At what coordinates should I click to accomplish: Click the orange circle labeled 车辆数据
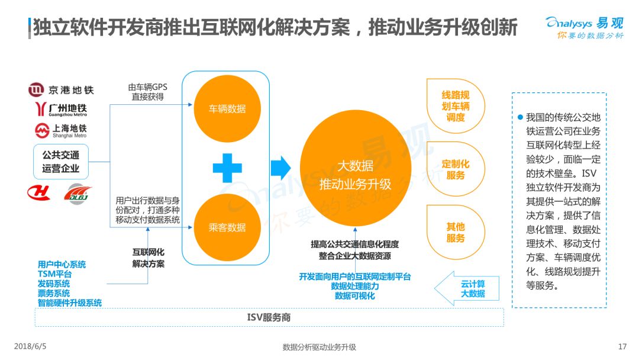click(227, 108)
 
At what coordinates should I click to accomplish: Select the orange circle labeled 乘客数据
click(227, 227)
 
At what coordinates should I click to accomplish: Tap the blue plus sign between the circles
click(227, 168)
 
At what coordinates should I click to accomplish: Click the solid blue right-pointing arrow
click(280, 168)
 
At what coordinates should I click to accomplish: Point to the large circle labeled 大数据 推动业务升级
click(355, 168)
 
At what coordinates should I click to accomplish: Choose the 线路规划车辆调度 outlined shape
click(456, 106)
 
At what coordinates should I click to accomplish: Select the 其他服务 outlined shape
click(456, 232)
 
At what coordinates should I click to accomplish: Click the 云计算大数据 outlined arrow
click(467, 288)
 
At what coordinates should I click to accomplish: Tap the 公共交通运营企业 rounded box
click(61, 162)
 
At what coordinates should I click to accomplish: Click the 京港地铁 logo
click(61, 89)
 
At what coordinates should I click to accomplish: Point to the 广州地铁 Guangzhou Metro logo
click(61, 110)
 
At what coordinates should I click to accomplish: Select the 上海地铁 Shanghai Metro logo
click(61, 130)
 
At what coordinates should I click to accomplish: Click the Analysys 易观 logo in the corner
click(585, 27)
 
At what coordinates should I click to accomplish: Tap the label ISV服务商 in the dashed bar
click(269, 317)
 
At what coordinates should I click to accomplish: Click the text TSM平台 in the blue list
click(54, 274)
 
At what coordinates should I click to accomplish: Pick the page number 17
click(622, 346)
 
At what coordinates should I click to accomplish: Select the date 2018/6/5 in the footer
click(30, 346)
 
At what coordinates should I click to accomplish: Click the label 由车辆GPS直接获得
click(147, 92)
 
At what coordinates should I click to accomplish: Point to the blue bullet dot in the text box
click(520, 117)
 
